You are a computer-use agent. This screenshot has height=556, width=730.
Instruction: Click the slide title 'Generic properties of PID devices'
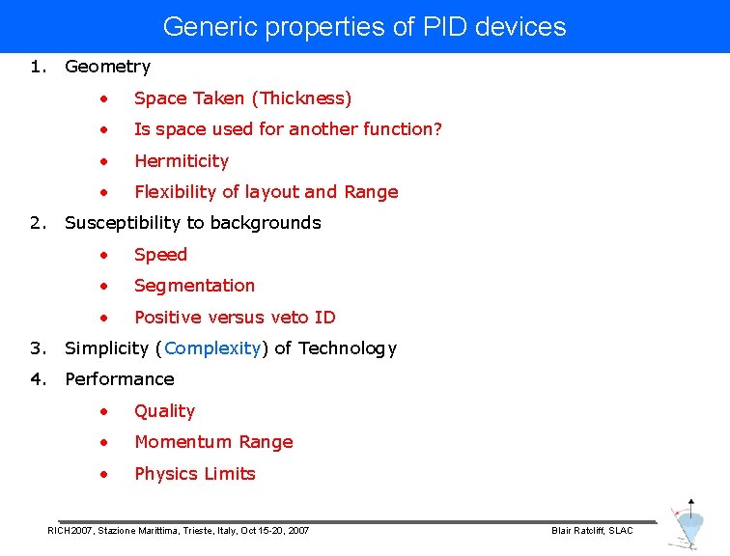point(364,26)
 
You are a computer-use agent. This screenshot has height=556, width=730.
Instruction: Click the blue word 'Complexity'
point(212,348)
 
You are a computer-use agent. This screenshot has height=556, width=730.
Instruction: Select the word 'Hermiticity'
point(182,161)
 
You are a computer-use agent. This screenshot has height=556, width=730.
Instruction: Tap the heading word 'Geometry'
point(107,67)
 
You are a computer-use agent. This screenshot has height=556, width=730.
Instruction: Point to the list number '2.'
point(38,223)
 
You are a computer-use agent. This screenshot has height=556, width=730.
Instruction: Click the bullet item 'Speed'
point(160,255)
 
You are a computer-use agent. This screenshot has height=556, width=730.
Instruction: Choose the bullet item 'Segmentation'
point(194,286)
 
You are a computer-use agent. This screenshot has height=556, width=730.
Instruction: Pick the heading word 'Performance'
point(119,379)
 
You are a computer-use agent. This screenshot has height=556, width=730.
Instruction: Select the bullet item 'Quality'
point(164,411)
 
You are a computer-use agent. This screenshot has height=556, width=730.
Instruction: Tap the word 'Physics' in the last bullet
point(167,474)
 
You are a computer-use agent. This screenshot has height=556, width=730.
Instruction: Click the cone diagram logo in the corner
point(688,525)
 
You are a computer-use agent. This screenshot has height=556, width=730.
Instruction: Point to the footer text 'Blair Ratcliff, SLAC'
point(591,531)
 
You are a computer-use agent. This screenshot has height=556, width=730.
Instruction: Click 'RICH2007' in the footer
point(70,531)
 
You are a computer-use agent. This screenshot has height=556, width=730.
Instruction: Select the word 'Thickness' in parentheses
point(301,98)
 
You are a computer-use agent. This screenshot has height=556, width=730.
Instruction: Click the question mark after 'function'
point(437,129)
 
